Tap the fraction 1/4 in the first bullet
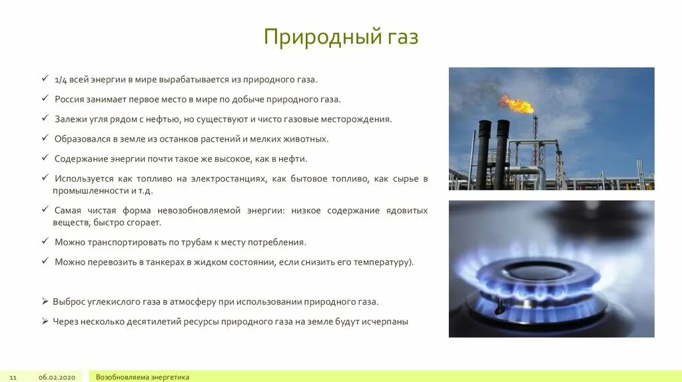click(x=61, y=79)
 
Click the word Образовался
click(x=82, y=139)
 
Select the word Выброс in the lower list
click(x=69, y=301)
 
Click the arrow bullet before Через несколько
click(x=45, y=321)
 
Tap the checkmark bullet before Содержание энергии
click(x=45, y=159)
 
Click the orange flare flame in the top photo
click(x=517, y=104)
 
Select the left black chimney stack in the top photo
click(x=484, y=154)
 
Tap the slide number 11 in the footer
click(x=13, y=377)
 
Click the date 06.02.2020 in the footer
click(x=57, y=377)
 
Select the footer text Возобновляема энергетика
click(x=143, y=377)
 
